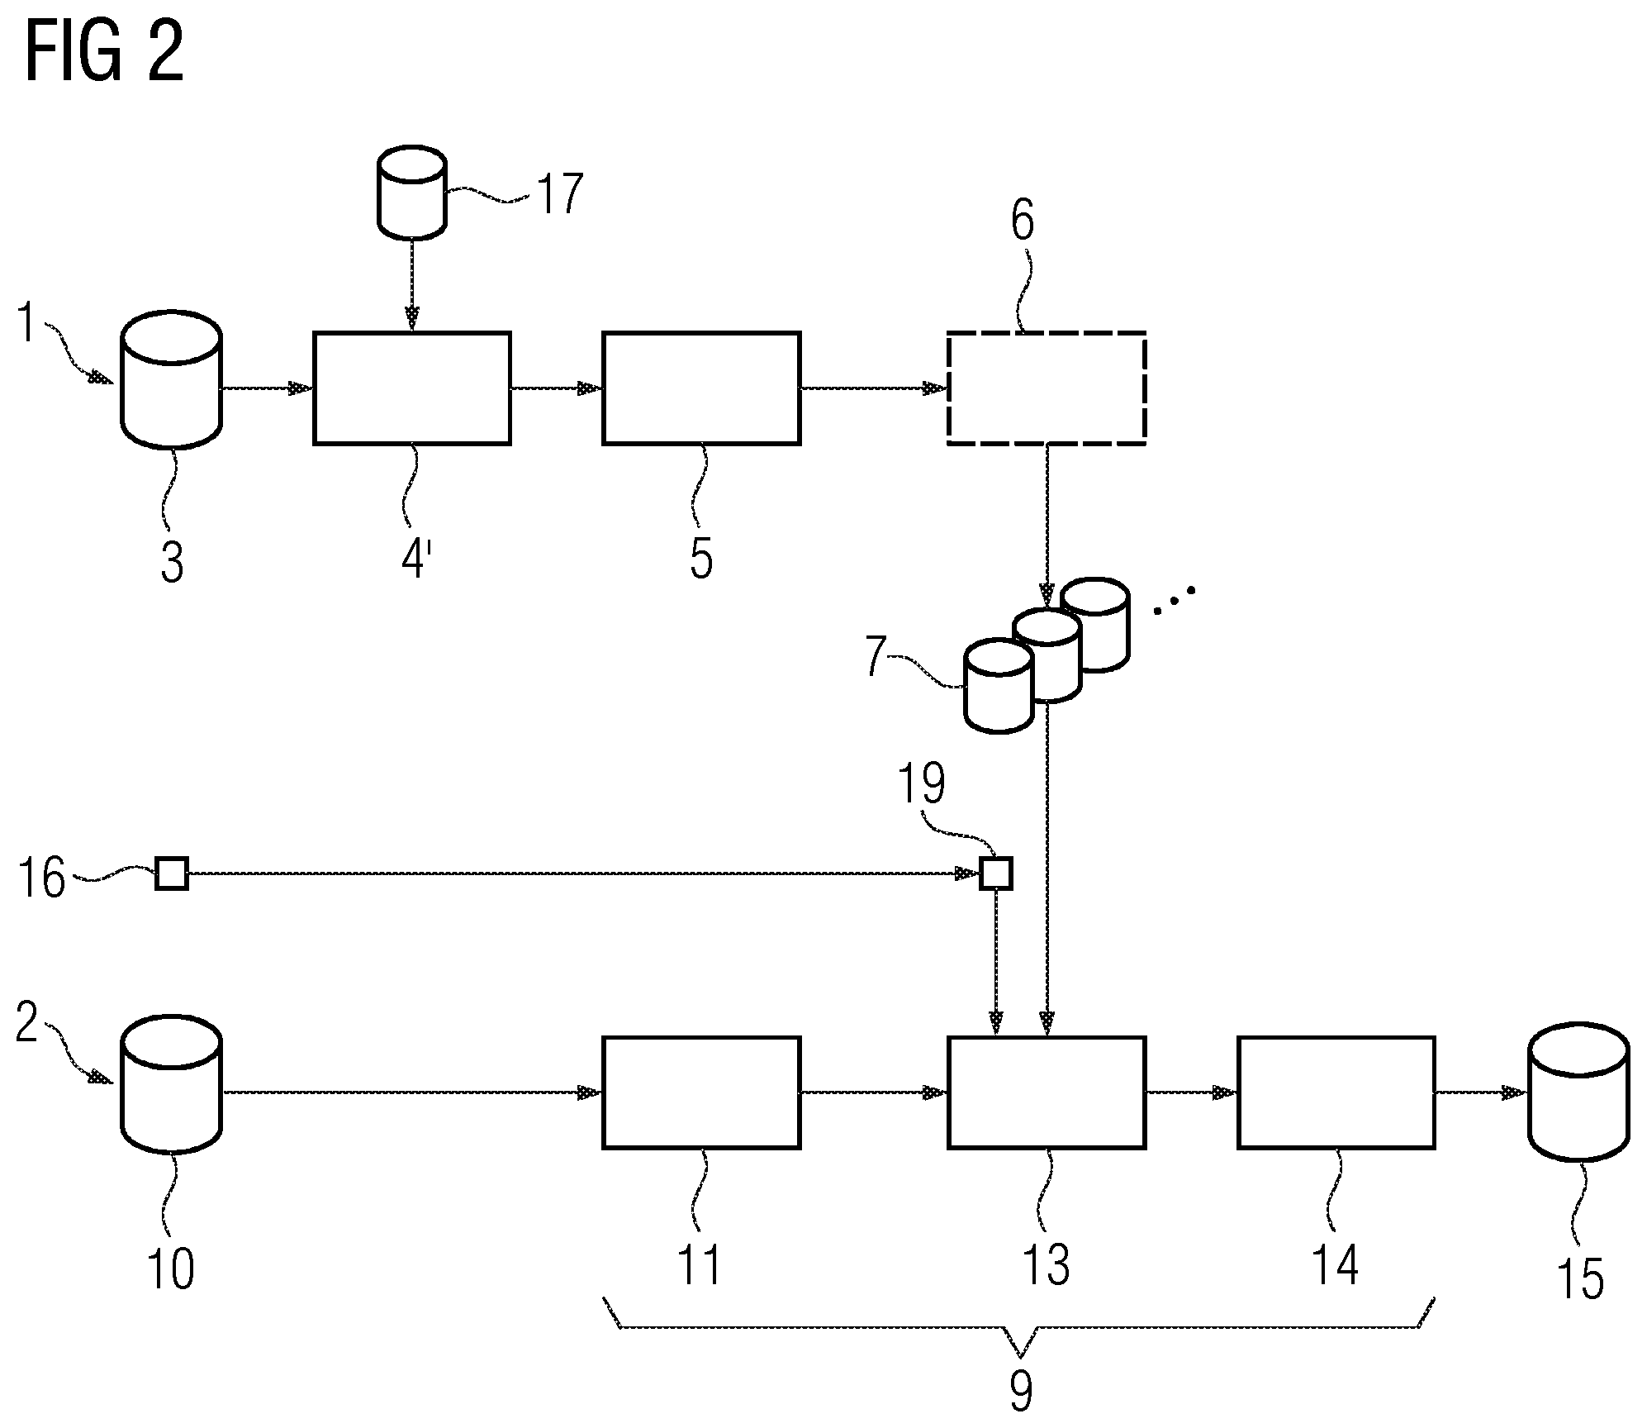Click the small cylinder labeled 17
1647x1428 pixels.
pyautogui.click(x=411, y=193)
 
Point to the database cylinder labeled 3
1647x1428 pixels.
pyautogui.click(x=171, y=379)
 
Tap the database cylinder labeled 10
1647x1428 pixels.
pyautogui.click(x=171, y=1083)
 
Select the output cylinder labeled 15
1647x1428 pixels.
pyautogui.click(x=1578, y=1092)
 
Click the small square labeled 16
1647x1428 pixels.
pyautogui.click(x=172, y=873)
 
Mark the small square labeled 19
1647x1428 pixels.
pyautogui.click(x=995, y=873)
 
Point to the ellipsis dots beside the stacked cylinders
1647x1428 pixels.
pyautogui.click(x=1174, y=601)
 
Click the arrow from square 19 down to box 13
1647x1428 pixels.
pyautogui.click(x=995, y=963)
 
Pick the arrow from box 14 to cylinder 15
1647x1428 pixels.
pyautogui.click(x=1482, y=1092)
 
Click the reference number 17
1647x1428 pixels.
pyautogui.click(x=560, y=193)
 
